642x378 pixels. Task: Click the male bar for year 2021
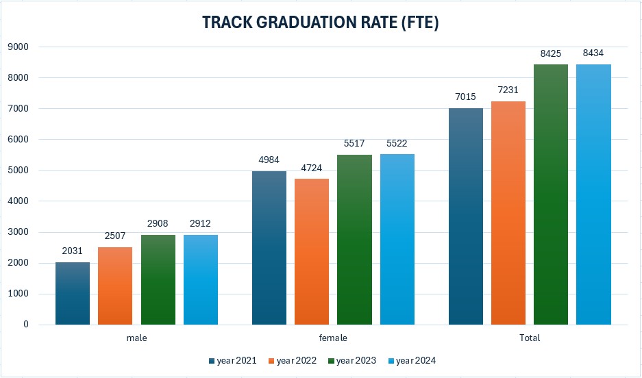tap(72, 293)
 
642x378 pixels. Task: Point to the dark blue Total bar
tap(466, 216)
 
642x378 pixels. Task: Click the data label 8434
tap(593, 53)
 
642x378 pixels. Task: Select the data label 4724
tap(312, 168)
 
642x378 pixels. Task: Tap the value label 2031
tap(72, 251)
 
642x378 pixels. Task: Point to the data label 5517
tap(354, 144)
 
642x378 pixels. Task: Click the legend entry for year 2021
tap(234, 361)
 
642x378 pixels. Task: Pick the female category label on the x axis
tap(333, 338)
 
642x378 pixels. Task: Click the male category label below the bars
tap(136, 338)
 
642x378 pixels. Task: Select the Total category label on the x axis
tap(530, 338)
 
